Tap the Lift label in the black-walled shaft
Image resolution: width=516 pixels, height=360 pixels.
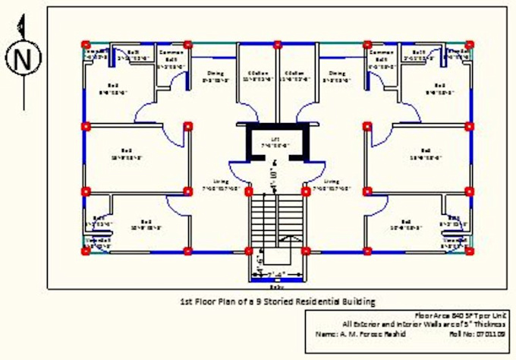[276, 140]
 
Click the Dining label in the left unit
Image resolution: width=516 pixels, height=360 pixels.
[216, 73]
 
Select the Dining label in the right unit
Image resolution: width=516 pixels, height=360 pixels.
[338, 73]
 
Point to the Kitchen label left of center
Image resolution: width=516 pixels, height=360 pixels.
[256, 74]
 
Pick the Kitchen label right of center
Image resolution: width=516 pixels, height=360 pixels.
[296, 74]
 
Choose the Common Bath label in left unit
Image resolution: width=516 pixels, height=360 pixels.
[171, 55]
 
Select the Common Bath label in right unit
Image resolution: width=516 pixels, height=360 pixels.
[379, 55]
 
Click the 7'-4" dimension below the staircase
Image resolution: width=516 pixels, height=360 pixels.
[276, 273]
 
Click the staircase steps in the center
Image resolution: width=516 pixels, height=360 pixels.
[276, 220]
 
